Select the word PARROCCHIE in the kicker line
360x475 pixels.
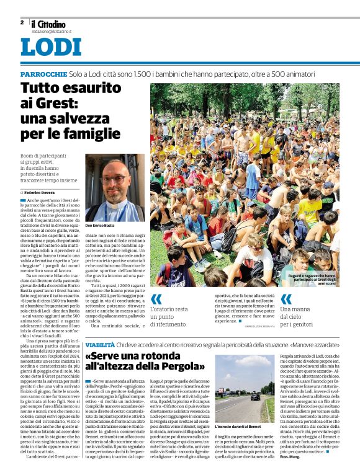point(43,74)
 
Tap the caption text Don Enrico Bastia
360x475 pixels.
point(101,224)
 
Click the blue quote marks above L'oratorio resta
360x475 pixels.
point(156,298)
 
